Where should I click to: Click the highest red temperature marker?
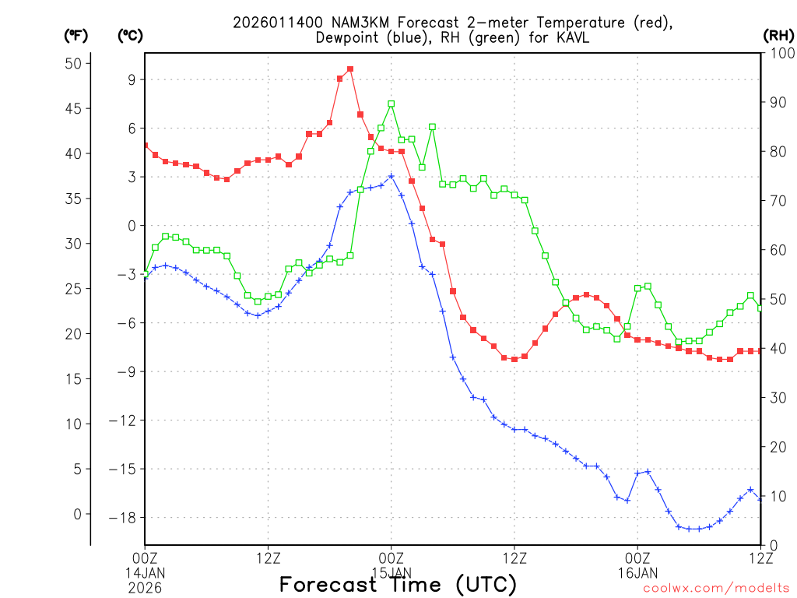tap(350, 69)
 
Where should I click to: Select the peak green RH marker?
tap(391, 104)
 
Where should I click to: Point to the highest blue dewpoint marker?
tap(391, 176)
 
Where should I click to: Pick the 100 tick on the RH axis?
tap(778, 53)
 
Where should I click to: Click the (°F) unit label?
tap(76, 35)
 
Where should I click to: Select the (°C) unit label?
tap(131, 35)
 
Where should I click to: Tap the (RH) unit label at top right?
tap(778, 35)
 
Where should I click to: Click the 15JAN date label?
tap(391, 572)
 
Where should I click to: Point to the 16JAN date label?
tap(637, 572)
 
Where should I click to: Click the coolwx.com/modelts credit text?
tap(715, 589)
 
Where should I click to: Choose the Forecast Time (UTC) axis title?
tap(398, 584)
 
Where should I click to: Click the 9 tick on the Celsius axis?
tap(132, 79)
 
